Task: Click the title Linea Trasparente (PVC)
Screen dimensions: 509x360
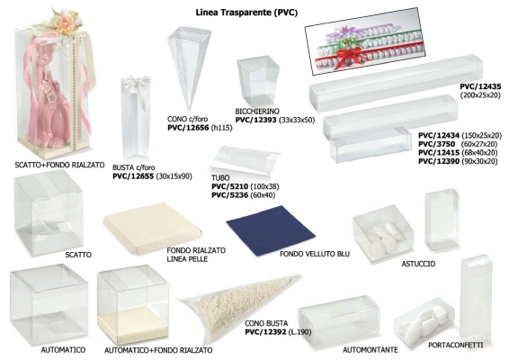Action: click(x=246, y=13)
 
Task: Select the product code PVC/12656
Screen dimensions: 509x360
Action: click(x=188, y=128)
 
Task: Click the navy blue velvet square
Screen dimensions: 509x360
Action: click(x=271, y=229)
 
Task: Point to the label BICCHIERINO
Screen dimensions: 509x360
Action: click(x=257, y=112)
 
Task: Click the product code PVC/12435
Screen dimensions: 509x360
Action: click(x=480, y=86)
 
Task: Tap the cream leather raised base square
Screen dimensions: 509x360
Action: click(x=152, y=228)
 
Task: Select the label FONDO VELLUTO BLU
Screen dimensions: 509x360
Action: click(x=315, y=254)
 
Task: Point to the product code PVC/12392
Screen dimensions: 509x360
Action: click(x=265, y=332)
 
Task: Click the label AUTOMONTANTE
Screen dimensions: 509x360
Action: click(x=371, y=349)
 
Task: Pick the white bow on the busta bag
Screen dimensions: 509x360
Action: click(x=138, y=86)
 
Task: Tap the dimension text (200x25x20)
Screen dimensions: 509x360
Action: click(x=480, y=95)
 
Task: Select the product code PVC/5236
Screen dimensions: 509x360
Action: click(x=230, y=195)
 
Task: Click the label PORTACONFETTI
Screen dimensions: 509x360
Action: click(x=455, y=345)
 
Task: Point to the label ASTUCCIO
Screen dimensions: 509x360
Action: click(x=418, y=264)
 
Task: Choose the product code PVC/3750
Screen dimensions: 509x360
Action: click(x=436, y=144)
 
